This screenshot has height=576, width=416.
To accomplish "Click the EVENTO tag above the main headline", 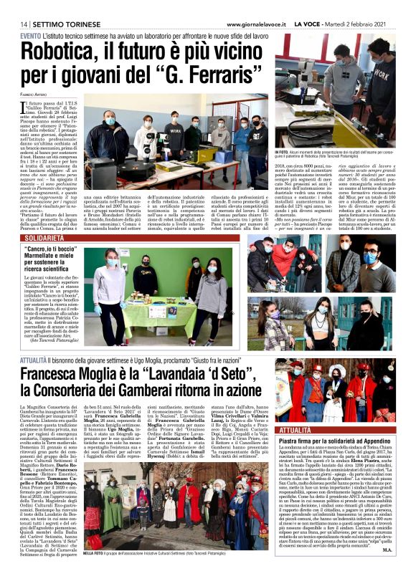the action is pos(30,35).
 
